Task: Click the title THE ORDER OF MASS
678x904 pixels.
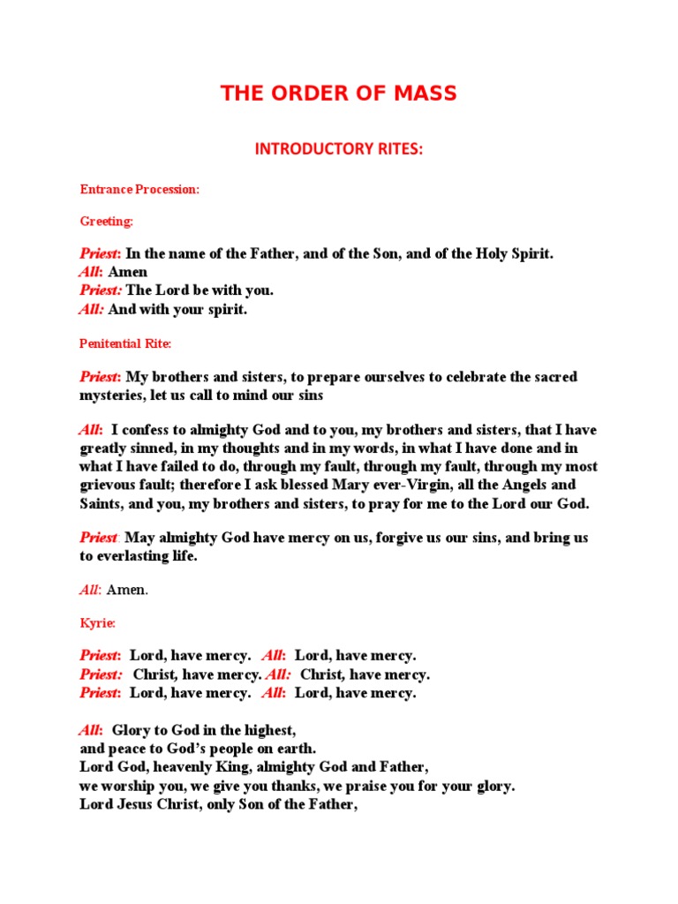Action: click(339, 94)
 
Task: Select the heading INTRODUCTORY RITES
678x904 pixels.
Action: click(339, 149)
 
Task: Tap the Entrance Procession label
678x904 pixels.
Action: click(139, 190)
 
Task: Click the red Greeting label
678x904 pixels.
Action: click(107, 222)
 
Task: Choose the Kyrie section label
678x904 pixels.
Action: click(98, 623)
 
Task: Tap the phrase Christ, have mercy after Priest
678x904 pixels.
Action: click(196, 674)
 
